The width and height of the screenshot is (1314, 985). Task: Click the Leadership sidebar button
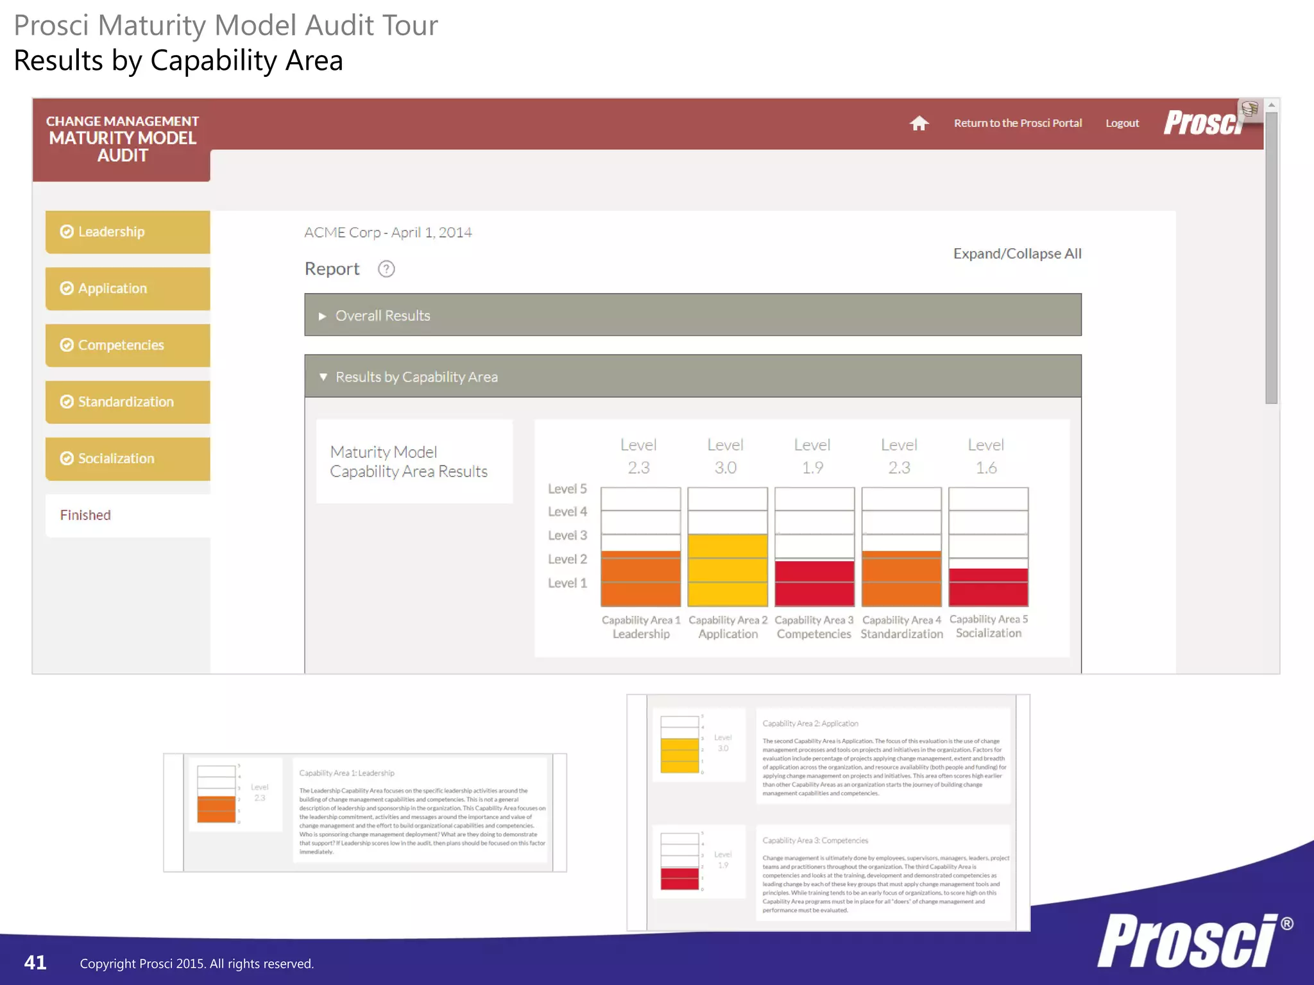point(127,232)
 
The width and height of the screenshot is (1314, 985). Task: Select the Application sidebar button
point(127,289)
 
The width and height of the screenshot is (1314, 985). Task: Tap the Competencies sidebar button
point(127,345)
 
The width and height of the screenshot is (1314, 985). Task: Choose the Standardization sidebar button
point(127,402)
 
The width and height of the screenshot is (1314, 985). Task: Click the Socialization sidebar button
point(127,459)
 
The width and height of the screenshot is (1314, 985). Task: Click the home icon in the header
point(919,123)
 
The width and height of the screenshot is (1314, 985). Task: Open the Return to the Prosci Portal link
point(1018,123)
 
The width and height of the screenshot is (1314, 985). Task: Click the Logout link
point(1122,123)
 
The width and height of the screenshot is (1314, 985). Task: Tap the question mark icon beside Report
point(386,269)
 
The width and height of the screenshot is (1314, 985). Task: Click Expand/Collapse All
point(1017,254)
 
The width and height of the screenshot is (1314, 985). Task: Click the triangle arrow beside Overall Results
point(323,316)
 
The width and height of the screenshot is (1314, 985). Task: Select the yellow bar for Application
point(728,570)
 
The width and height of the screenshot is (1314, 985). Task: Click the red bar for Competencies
point(814,584)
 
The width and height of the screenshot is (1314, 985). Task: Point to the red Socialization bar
point(988,587)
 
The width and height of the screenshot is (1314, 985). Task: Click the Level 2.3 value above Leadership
point(638,456)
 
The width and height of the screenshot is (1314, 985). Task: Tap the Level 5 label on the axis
point(567,489)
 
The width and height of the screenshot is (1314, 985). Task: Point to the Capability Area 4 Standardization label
point(901,627)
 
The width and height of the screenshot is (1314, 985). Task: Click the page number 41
point(35,963)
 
